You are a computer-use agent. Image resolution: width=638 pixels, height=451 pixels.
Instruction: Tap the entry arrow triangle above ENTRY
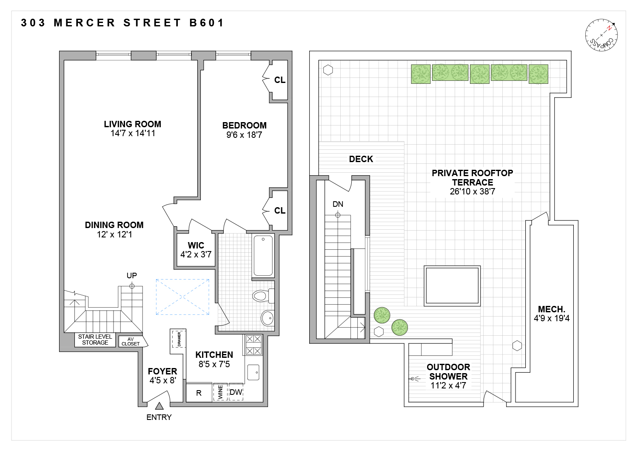tap(159, 406)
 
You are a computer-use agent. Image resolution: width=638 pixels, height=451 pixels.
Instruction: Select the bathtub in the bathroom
tap(263, 256)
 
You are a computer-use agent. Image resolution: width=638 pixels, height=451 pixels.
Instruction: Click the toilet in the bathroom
tap(262, 295)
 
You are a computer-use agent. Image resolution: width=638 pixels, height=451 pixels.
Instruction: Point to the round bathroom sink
tap(268, 317)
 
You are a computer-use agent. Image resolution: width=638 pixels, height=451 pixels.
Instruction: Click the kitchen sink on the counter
tap(253, 372)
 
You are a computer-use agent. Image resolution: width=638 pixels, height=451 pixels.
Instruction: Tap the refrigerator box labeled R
tap(199, 393)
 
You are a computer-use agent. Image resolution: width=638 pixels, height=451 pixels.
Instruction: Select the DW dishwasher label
tap(236, 392)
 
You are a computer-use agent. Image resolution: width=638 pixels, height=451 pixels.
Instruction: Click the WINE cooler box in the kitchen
tap(220, 392)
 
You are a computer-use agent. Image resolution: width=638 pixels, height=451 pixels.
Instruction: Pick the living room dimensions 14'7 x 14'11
tap(133, 134)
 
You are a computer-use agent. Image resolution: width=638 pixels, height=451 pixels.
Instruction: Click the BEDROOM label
tap(244, 126)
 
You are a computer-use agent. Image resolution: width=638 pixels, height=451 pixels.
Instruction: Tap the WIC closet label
tap(196, 245)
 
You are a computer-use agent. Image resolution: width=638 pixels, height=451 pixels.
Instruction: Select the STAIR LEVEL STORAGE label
tap(95, 340)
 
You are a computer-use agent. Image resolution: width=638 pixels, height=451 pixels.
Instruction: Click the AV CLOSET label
tap(131, 342)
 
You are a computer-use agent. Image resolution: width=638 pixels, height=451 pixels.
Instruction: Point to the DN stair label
tap(338, 204)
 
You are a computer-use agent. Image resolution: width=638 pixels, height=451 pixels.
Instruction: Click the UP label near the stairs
tap(132, 276)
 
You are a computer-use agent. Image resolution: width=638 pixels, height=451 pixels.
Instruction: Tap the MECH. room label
tap(552, 309)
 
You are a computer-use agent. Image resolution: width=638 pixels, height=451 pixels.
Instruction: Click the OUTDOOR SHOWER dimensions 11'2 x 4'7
tap(448, 385)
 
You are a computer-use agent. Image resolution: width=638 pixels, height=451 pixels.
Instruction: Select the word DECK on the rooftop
tap(361, 159)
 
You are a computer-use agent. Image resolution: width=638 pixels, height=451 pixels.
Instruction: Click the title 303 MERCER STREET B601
tap(122, 23)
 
